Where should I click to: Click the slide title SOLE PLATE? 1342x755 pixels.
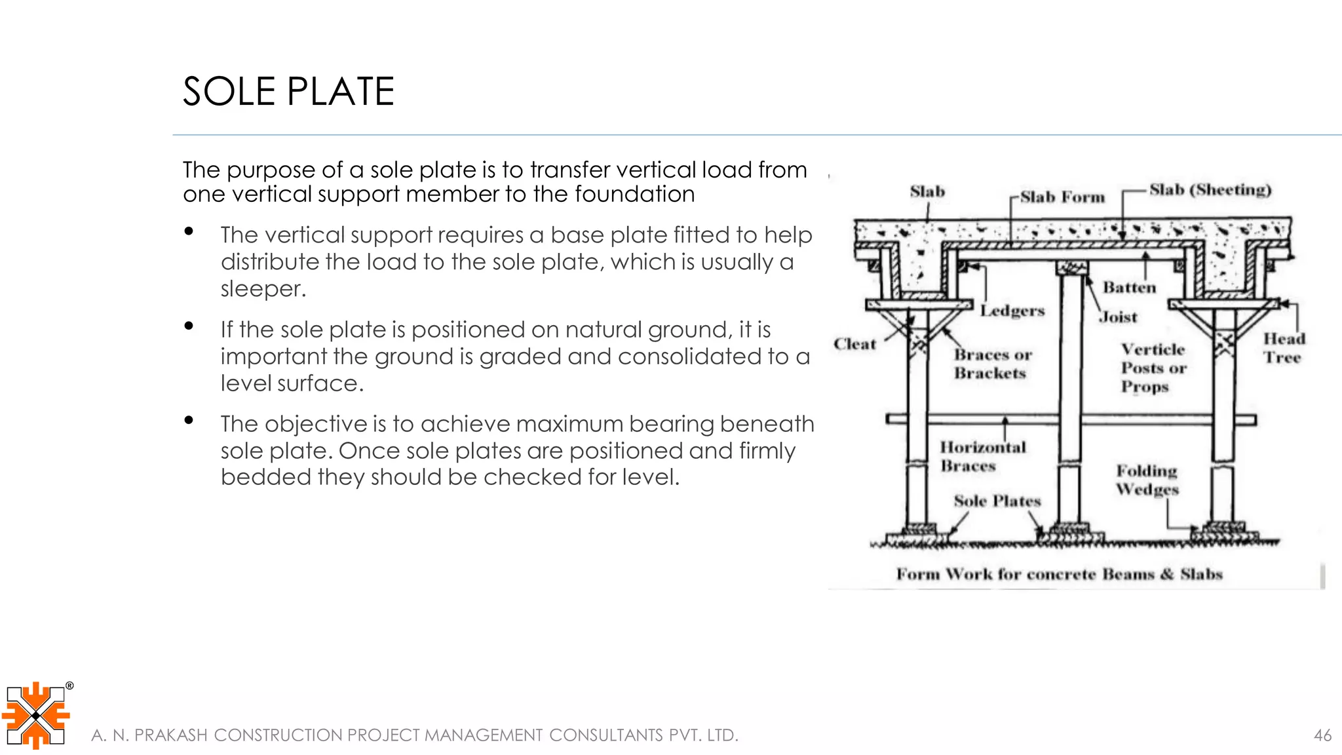(288, 91)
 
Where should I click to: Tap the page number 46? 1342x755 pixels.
(1322, 735)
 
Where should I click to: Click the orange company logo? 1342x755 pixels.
(37, 715)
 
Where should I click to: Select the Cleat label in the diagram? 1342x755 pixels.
(854, 344)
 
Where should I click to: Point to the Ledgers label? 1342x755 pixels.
(1012, 311)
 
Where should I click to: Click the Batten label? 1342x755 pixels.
(1129, 287)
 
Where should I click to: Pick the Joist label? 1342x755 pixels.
(1119, 317)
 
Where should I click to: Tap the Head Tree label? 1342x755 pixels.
(1284, 348)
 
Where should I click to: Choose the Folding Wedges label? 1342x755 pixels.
(1147, 480)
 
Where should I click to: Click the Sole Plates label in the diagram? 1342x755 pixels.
(997, 501)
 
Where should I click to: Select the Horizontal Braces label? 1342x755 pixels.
(982, 456)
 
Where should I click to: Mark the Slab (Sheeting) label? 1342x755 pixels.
(1210, 190)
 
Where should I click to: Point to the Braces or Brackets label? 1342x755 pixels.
(992, 364)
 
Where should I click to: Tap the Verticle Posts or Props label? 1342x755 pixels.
(1153, 368)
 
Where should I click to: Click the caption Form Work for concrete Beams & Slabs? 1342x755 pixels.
(1059, 574)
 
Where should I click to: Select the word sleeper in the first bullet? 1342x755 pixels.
(262, 288)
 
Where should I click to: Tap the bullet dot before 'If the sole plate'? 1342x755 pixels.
(189, 326)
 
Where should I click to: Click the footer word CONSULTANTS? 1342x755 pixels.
(605, 735)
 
